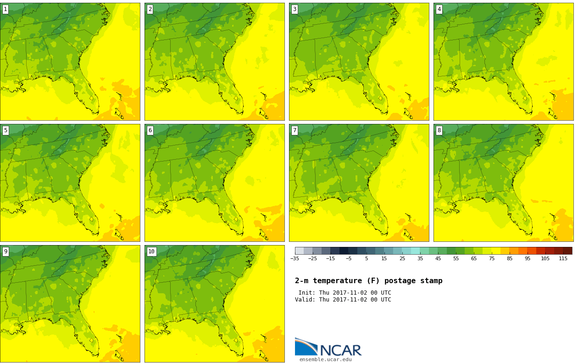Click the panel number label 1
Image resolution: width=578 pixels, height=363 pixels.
pos(6,10)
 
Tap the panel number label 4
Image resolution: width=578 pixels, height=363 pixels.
pos(439,10)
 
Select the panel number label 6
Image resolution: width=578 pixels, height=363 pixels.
pos(150,130)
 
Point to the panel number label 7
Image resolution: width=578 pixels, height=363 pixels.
pos(295,130)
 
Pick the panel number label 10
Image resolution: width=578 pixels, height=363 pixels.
pos(151,251)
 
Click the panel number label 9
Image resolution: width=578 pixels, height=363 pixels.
pos(6,251)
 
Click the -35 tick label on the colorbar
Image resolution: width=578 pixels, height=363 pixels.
pos(295,258)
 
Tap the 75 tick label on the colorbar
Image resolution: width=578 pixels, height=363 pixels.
pos(492,258)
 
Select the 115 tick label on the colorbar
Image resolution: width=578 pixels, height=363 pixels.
pos(563,258)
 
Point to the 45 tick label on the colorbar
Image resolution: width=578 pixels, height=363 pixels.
pos(438,258)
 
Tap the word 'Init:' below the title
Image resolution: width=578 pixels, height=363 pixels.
pos(307,292)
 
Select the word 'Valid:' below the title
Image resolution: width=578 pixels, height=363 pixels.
pos(305,300)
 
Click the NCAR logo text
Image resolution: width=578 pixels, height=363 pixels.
pos(341,350)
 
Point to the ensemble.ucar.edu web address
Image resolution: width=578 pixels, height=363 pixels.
pos(326,359)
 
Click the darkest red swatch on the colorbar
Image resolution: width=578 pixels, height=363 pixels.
pos(568,251)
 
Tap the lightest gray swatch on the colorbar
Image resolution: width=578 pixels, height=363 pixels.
pos(299,251)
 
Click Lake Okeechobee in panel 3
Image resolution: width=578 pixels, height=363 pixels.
pos(380,98)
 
